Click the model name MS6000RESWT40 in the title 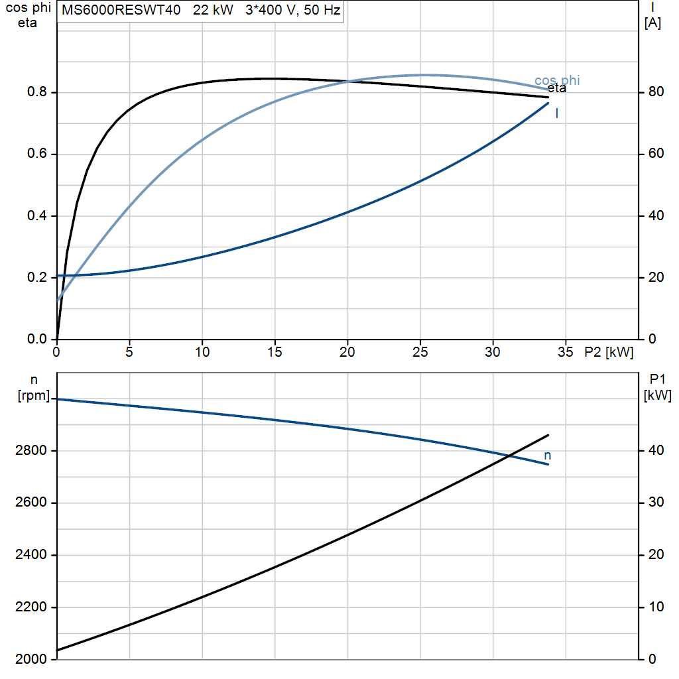click(x=121, y=10)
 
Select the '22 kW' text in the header click(x=213, y=10)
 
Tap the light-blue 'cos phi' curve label click(x=557, y=80)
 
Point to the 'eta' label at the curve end click(x=557, y=88)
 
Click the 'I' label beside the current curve click(x=557, y=113)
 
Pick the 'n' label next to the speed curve click(x=547, y=456)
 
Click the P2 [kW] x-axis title click(x=609, y=352)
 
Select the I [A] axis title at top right click(x=652, y=15)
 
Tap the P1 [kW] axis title click(x=658, y=387)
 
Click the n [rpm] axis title click(x=34, y=387)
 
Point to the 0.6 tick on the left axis click(x=37, y=154)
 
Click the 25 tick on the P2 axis click(x=420, y=352)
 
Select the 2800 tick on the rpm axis click(x=31, y=450)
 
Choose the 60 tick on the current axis click(x=656, y=153)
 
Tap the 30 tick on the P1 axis click(x=656, y=502)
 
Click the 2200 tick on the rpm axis click(x=31, y=607)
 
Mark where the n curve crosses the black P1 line click(x=510, y=456)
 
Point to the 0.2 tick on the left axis click(x=37, y=277)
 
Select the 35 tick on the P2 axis click(x=566, y=352)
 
